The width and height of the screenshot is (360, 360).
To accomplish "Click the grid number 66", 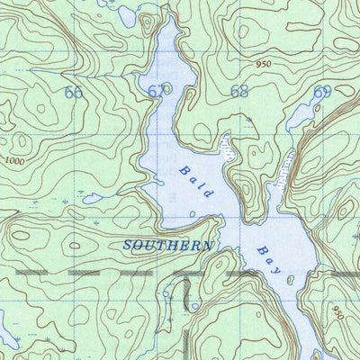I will (x=74, y=93).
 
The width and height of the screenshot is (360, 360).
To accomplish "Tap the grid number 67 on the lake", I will (x=157, y=92).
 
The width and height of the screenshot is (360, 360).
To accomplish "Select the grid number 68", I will (x=239, y=91).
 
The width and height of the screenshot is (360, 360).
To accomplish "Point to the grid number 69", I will (x=323, y=92).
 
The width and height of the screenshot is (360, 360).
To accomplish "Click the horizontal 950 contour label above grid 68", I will (x=262, y=65).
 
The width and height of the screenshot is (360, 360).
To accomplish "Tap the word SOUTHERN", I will (x=168, y=245).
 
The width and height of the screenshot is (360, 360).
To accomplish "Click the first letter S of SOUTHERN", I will (x=128, y=245).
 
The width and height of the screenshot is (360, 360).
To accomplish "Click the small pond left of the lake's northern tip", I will (x=130, y=15).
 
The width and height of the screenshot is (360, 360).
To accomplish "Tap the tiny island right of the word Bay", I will (x=289, y=280).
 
